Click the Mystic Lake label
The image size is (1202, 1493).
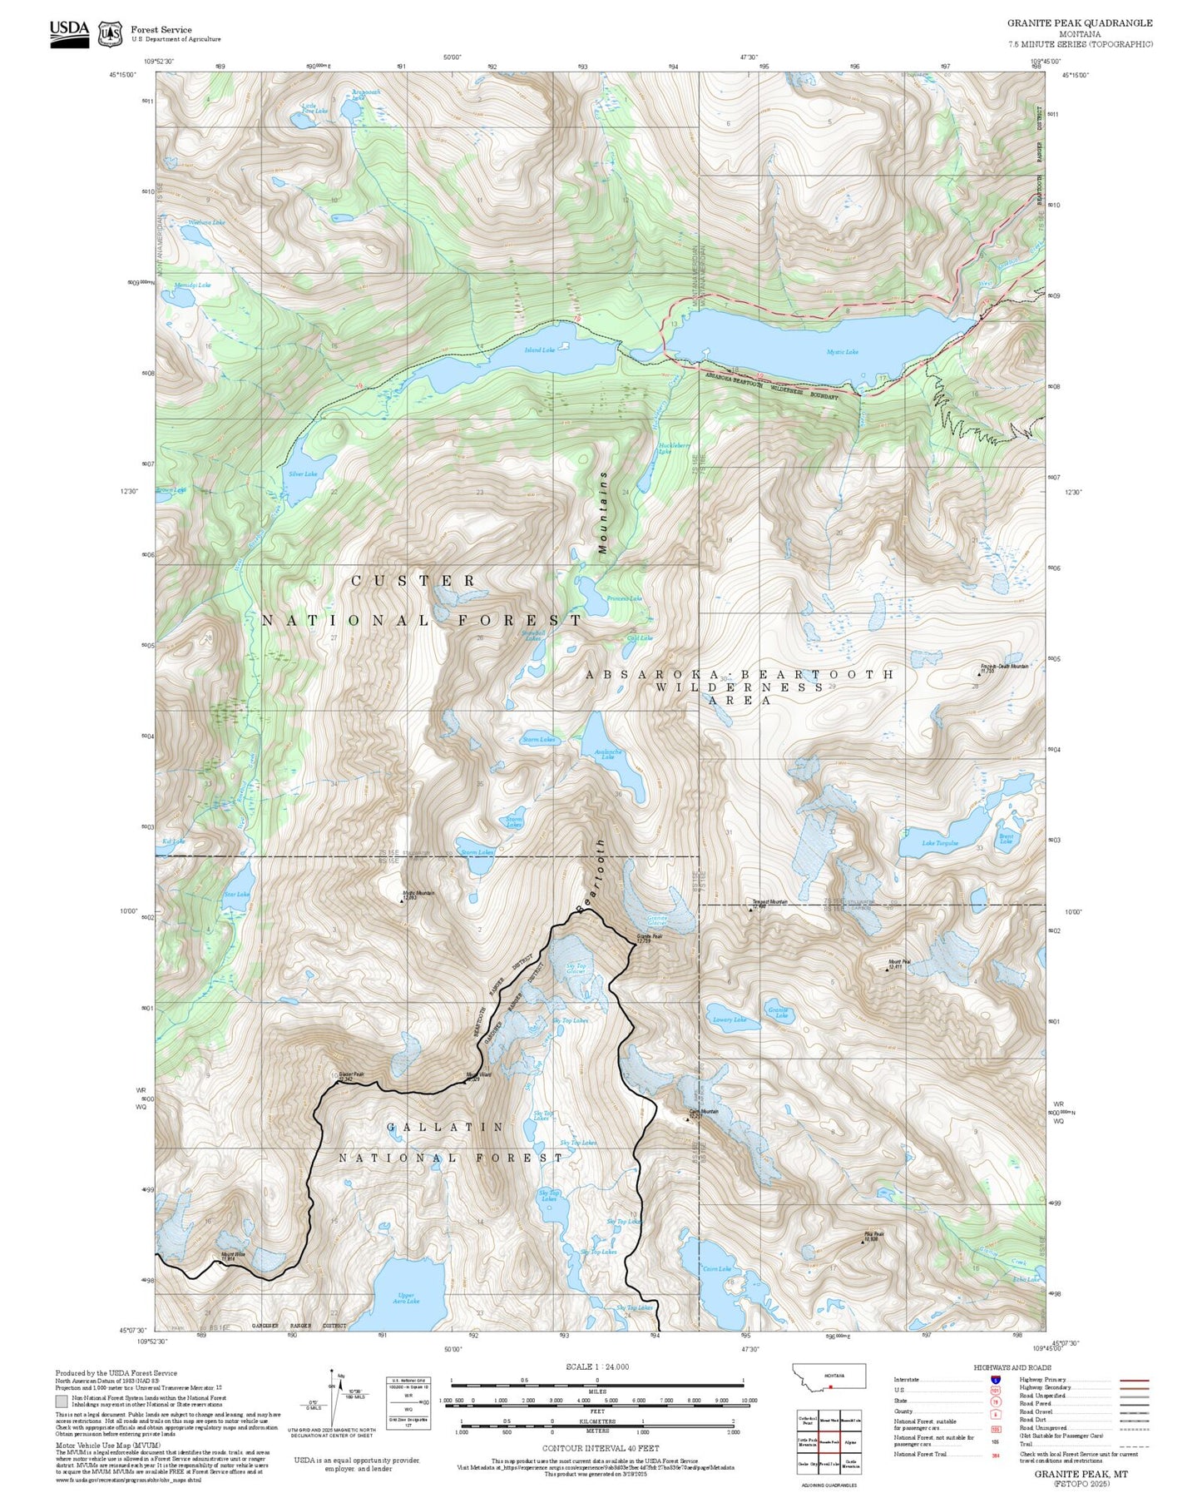842,352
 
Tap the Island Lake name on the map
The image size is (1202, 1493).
539,350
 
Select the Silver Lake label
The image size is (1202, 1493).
303,474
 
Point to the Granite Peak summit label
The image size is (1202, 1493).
650,937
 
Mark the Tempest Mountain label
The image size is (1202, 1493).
769,902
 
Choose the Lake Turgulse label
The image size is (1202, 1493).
940,843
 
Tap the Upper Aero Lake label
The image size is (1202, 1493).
406,1297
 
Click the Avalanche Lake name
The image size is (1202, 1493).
608,754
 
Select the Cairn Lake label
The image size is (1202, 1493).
717,1269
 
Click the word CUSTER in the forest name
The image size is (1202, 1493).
413,580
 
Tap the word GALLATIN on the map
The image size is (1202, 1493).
445,1127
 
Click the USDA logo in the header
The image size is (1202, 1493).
69,33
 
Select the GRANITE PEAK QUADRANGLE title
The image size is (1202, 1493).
1080,23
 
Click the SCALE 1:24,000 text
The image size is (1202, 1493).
596,1367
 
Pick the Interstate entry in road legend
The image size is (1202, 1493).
907,1380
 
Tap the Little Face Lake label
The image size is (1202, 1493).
314,108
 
